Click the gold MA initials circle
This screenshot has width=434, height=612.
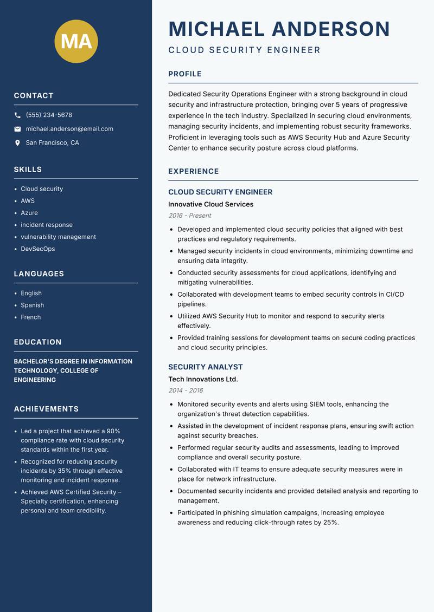76,41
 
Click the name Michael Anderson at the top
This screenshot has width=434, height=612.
279,29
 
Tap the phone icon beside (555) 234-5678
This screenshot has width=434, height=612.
17,115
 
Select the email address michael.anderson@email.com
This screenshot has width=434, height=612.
69,129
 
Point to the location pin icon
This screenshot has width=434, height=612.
17,143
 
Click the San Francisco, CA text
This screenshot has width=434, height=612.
52,143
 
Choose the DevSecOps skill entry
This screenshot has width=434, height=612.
37,249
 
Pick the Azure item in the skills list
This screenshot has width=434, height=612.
29,213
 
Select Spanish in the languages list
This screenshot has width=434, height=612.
32,305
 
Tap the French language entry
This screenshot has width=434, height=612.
30,317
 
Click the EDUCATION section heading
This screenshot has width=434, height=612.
37,342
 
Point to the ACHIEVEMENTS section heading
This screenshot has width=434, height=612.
46,409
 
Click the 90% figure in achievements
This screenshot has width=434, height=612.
113,431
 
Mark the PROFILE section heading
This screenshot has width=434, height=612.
184,74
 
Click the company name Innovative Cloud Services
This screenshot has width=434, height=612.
210,205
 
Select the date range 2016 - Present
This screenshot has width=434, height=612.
189,216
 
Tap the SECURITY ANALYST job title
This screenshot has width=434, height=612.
205,367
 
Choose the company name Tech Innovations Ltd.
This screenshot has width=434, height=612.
203,380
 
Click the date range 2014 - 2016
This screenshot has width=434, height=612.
186,390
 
